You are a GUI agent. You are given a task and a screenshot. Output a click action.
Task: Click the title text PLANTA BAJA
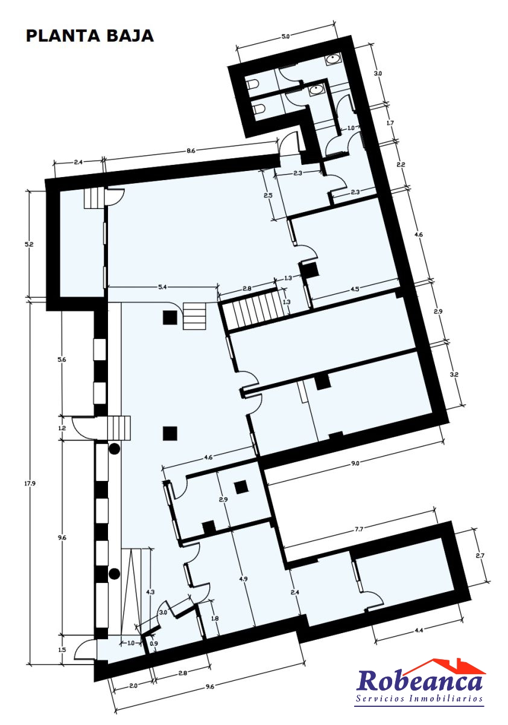89,36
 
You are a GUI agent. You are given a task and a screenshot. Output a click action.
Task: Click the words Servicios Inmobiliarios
419,698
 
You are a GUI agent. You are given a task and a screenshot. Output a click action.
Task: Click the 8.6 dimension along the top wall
191,151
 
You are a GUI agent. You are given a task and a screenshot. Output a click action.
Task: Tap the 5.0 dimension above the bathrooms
285,37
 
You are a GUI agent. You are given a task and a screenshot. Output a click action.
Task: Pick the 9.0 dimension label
355,463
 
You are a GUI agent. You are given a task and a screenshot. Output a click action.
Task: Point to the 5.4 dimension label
162,287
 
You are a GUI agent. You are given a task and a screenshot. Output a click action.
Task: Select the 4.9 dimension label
244,579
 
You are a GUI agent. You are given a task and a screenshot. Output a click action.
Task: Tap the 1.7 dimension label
390,123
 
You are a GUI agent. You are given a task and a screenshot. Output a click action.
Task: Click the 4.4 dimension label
419,630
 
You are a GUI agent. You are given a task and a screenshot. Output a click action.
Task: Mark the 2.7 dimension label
480,556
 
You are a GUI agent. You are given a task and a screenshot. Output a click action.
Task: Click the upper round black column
115,448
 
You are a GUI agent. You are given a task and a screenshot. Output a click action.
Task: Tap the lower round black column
114,574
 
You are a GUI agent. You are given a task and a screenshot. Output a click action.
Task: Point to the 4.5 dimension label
355,289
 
